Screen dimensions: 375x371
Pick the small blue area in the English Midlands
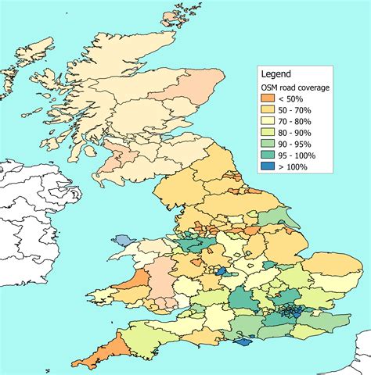[222, 271]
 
